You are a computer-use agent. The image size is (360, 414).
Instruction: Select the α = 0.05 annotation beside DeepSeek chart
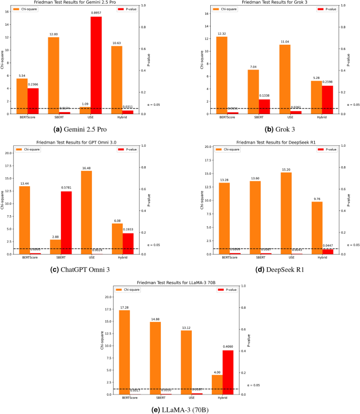353,245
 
